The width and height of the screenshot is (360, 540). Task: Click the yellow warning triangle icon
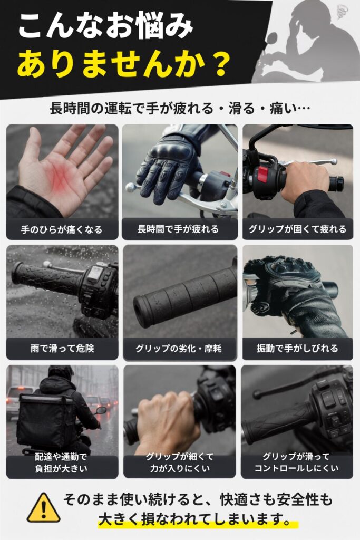click(x=44, y=508)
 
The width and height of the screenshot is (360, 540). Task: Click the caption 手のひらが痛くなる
click(x=62, y=229)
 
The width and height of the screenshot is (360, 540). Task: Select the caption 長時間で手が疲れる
click(x=178, y=229)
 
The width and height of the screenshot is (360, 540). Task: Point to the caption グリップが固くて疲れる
click(x=297, y=229)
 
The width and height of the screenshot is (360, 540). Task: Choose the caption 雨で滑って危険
click(x=62, y=349)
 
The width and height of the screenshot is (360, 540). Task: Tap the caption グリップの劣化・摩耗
click(x=179, y=349)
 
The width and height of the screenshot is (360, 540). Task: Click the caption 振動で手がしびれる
click(x=297, y=349)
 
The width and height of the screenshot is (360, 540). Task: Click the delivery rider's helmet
click(x=61, y=372)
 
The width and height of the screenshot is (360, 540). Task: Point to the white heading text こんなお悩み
click(x=105, y=26)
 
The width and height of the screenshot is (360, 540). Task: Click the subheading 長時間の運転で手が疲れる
click(x=131, y=109)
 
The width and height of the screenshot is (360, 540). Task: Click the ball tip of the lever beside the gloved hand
click(x=130, y=187)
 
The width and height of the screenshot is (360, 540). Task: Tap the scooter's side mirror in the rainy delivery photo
click(x=101, y=410)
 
